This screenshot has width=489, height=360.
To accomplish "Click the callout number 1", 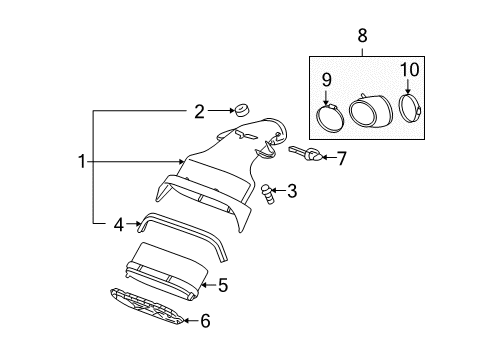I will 83,161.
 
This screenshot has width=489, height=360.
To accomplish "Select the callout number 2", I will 199,112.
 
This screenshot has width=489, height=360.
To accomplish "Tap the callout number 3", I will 292,191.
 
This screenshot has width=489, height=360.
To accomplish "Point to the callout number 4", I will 118,226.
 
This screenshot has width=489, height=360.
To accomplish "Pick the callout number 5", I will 223,285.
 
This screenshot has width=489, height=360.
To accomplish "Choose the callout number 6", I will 206,321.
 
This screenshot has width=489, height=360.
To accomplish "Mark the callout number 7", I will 341,157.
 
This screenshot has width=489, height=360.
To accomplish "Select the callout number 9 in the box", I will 326,80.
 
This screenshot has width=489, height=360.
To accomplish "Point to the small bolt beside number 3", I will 267,192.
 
